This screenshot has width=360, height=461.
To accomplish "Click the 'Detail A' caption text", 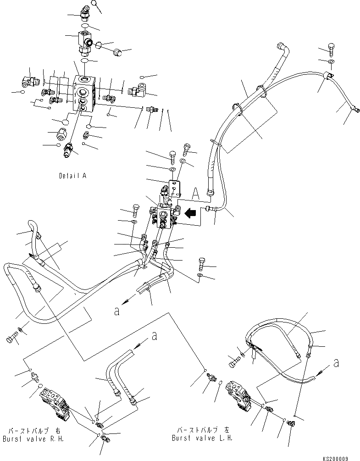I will coord(73,176).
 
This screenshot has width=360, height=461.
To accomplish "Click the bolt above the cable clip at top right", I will coord(332,48).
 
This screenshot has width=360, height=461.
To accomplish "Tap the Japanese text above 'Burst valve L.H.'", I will coord(202,431).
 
